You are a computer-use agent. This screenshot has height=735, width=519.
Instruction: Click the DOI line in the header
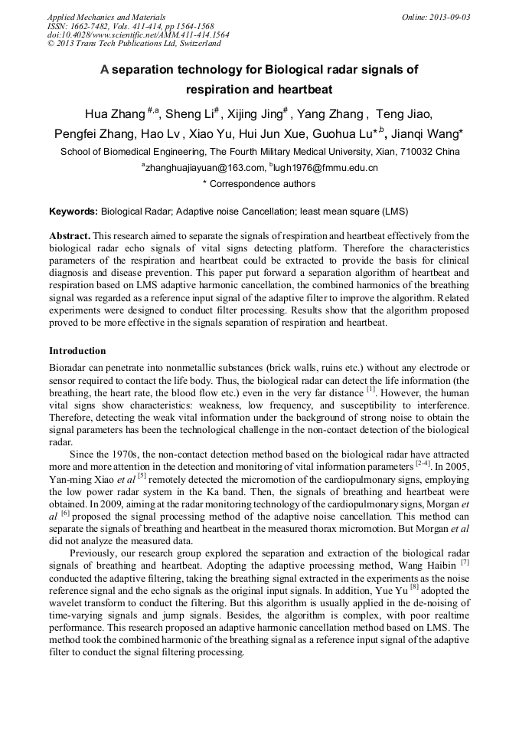pyautogui.click(x=138, y=35)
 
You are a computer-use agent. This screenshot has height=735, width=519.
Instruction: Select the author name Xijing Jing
pyautogui.click(x=256, y=115)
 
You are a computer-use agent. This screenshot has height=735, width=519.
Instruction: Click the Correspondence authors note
pyautogui.click(x=259, y=184)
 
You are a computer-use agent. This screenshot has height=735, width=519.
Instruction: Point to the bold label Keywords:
pyautogui.click(x=73, y=210)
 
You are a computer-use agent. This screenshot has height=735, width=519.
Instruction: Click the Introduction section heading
pyautogui.click(x=77, y=351)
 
